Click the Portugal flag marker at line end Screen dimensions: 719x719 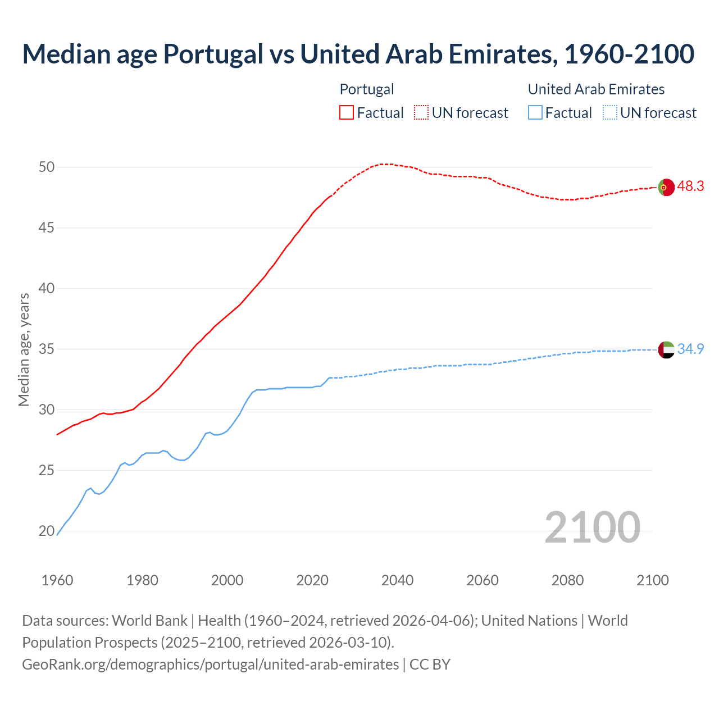point(666,187)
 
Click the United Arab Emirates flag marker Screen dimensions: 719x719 point(666,349)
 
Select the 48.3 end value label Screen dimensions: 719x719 point(690,186)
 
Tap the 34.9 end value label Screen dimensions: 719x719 point(690,349)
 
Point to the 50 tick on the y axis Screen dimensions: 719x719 point(47,167)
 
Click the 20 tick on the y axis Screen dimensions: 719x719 point(47,531)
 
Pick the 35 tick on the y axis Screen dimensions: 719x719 point(47,349)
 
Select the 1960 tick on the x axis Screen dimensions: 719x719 point(57,580)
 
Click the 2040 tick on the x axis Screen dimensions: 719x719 point(397,580)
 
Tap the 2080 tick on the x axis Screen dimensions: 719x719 point(567,580)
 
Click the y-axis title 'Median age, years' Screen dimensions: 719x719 point(24,349)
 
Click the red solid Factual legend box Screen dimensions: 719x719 point(347,113)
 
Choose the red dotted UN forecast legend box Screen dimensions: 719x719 point(421,113)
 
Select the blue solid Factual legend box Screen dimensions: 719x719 point(535,113)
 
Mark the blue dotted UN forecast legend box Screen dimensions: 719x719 point(610,113)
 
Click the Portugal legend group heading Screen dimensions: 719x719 point(367,89)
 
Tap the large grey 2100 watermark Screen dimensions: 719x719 point(593,527)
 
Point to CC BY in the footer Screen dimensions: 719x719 point(430,665)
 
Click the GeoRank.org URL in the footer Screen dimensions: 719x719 point(210,665)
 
